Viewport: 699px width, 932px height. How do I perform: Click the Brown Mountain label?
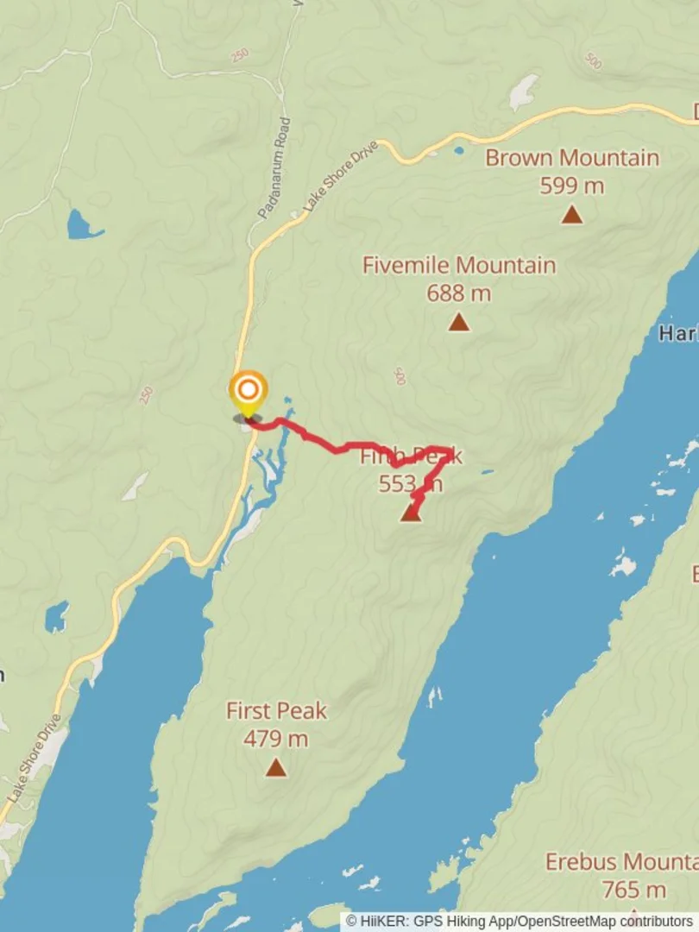pyautogui.click(x=571, y=158)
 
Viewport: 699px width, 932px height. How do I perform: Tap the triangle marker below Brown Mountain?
pyautogui.click(x=571, y=215)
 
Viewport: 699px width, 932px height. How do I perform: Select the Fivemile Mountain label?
pyautogui.click(x=458, y=265)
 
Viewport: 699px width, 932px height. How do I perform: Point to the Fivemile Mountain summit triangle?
pyautogui.click(x=458, y=323)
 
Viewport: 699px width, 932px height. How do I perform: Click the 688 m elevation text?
pyautogui.click(x=458, y=293)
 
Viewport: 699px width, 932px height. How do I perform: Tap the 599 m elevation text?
pyautogui.click(x=571, y=186)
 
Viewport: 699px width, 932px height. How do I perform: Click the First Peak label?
pyautogui.click(x=276, y=711)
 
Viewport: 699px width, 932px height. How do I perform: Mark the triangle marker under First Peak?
pyautogui.click(x=276, y=767)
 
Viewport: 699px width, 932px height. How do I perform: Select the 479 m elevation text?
pyautogui.click(x=276, y=739)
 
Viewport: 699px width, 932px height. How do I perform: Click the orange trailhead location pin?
pyautogui.click(x=248, y=391)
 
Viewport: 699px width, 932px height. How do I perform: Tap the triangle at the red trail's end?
pyautogui.click(x=412, y=513)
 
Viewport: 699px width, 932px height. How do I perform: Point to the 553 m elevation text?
pyautogui.click(x=410, y=484)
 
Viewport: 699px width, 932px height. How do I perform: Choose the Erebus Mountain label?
pyautogui.click(x=621, y=861)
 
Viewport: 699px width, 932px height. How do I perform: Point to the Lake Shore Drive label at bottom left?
pyautogui.click(x=33, y=756)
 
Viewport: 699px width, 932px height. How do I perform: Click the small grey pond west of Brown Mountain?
pyautogui.click(x=522, y=92)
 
